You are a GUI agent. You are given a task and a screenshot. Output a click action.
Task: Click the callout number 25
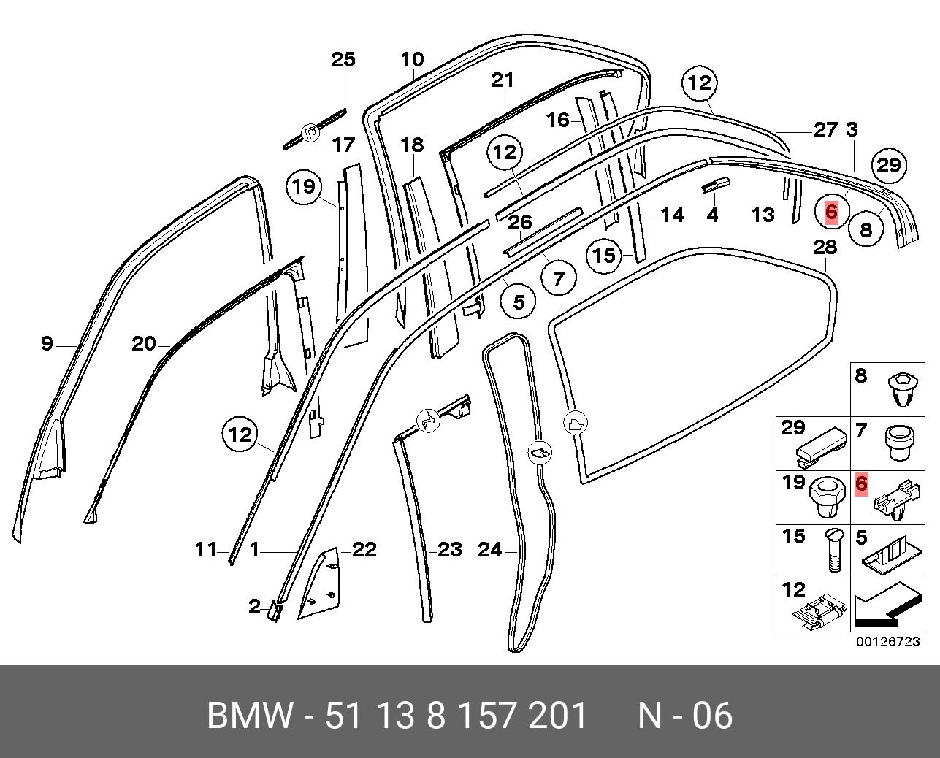coord(343,59)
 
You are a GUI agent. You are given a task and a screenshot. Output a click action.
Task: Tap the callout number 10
coord(412,60)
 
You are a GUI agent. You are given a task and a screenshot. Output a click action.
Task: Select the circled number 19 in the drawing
coord(303,187)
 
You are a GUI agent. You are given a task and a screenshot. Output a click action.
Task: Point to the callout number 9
coord(47,342)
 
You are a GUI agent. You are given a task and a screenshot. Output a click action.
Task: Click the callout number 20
coord(144,343)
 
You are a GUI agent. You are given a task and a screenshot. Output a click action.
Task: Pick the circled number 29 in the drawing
coord(888,165)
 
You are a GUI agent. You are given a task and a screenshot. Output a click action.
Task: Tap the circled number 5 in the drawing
coord(519,301)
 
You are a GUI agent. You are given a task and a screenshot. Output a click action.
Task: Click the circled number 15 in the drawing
coord(604,256)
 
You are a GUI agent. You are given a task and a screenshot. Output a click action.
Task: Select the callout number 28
coord(825,248)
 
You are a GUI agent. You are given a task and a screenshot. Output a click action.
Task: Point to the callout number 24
coord(489,549)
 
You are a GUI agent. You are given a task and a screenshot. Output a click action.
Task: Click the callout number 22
coord(364,549)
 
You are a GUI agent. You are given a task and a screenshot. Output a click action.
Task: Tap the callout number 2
coord(254,606)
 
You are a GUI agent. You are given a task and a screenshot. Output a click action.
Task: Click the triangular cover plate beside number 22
coord(320,584)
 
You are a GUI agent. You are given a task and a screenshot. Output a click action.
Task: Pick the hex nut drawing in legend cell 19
coord(828,498)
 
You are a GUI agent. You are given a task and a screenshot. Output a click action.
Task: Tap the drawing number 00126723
coord(887,642)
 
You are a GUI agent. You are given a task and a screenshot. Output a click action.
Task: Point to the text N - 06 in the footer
coord(684,716)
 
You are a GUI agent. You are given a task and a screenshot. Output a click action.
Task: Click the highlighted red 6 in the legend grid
coord(861,483)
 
